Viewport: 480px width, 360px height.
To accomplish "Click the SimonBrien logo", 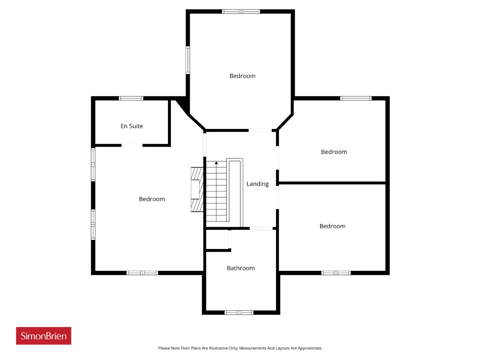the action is click(x=43, y=336).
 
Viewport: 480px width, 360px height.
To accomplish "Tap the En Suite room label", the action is click(x=132, y=126).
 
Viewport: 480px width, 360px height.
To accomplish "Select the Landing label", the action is click(x=257, y=184).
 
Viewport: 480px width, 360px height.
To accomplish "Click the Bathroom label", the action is click(x=240, y=268).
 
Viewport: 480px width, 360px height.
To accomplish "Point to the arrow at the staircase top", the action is click(x=216, y=163).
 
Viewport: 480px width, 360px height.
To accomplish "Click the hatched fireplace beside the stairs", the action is click(x=197, y=189).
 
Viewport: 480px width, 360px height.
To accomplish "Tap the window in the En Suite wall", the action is click(x=131, y=98).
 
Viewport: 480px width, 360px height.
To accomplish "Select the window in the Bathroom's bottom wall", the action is click(x=239, y=313).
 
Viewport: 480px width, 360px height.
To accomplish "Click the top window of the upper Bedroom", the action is click(x=241, y=11).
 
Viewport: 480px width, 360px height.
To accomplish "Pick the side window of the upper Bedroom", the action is click(x=188, y=60).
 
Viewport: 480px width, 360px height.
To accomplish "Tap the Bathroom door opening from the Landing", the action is click(x=261, y=228).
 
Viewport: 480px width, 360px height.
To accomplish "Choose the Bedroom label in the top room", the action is click(x=242, y=76).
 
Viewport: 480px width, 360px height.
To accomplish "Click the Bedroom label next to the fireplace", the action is click(x=152, y=199).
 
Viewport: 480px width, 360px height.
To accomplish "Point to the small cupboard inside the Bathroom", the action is click(x=217, y=239).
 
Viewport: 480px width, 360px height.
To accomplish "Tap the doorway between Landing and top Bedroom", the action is click(x=260, y=130).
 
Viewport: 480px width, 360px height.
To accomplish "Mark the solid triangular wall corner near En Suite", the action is click(x=183, y=106).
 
